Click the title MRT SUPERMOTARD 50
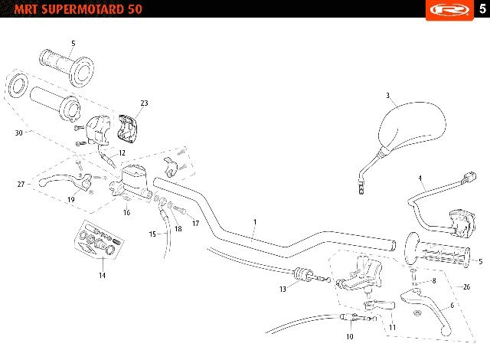(78, 8)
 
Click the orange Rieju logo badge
(449, 10)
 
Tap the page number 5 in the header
(483, 8)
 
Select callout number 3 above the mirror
(387, 95)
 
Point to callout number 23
(144, 103)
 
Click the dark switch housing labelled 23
(127, 127)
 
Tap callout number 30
(19, 133)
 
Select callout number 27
(21, 185)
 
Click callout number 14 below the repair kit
(102, 275)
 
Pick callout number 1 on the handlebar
(255, 222)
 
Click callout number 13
(283, 290)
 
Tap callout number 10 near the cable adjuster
(350, 336)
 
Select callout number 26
(466, 286)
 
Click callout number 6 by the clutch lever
(452, 306)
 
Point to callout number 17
(196, 224)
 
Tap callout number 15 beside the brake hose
(152, 234)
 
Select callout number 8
(434, 280)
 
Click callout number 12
(122, 153)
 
